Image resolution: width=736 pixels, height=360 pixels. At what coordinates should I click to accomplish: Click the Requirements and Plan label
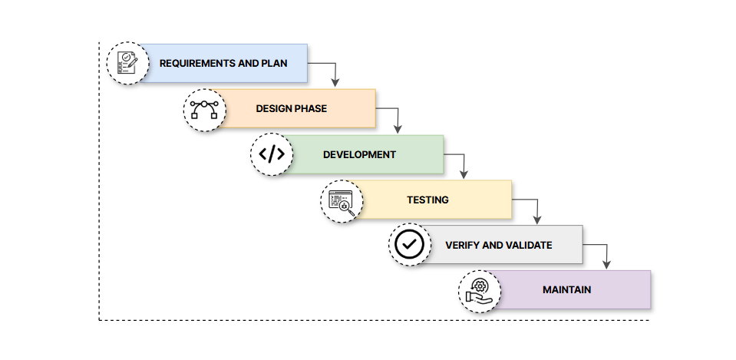[223, 63]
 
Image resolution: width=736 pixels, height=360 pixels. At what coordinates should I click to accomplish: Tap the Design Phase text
[291, 108]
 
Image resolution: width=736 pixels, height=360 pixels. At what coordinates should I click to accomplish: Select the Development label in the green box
[359, 154]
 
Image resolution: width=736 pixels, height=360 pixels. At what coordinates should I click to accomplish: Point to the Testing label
[427, 200]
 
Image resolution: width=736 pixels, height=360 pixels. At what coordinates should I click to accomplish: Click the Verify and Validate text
[498, 245]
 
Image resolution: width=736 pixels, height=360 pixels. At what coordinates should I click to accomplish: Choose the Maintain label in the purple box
[566, 290]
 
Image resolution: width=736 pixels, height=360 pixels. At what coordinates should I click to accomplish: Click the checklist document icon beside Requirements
[127, 63]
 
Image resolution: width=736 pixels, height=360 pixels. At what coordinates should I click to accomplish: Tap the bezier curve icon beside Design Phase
[204, 109]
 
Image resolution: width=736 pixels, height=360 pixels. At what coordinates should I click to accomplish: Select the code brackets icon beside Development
[272, 154]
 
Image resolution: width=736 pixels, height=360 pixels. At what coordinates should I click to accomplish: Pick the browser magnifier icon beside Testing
[341, 200]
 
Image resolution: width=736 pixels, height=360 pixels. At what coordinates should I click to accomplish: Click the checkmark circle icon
[409, 245]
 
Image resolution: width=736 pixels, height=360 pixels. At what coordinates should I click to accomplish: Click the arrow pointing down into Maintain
[606, 254]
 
